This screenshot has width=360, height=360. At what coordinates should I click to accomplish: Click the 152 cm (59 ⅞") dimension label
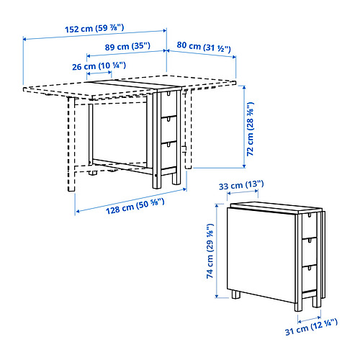[x=94, y=28]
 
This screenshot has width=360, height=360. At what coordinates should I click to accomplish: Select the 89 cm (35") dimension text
[x=127, y=46]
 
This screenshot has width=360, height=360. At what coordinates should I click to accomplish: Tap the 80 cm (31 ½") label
[x=204, y=47]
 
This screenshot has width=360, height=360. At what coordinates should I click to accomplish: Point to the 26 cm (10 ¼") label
[x=99, y=66]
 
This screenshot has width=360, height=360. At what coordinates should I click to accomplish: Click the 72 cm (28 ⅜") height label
[x=250, y=129]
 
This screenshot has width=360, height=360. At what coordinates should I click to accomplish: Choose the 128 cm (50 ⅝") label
[x=135, y=206]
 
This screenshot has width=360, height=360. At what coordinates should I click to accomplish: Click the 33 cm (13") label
[x=241, y=185]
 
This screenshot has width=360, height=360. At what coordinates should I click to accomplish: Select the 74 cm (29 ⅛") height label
[x=210, y=251]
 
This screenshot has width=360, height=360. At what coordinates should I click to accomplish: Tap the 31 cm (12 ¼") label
[x=311, y=327]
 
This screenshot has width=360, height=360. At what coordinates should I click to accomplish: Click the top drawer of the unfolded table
[x=168, y=104]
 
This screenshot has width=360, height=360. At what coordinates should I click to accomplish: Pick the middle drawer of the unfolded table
[x=168, y=130]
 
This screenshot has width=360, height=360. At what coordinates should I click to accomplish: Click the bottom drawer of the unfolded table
[x=168, y=155]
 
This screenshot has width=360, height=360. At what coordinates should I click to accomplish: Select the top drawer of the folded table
[x=310, y=225]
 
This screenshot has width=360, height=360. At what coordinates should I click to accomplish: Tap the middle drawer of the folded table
[x=310, y=252]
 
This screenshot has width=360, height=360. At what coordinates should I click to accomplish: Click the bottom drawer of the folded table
[x=310, y=279]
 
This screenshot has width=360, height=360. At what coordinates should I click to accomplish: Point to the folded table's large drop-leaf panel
[x=261, y=255]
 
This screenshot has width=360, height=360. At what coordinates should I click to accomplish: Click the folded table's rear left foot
[x=236, y=294]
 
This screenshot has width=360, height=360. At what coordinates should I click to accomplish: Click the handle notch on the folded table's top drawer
[x=310, y=215]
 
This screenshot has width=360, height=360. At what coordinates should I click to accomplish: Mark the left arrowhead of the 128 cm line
[x=78, y=212]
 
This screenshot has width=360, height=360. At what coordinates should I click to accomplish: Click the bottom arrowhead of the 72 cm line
[x=244, y=166]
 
